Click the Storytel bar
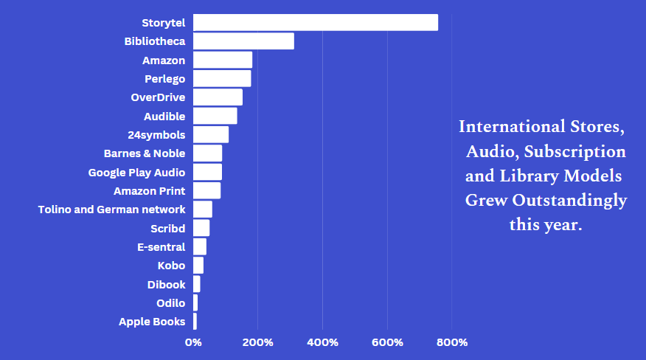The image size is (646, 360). click(315, 23)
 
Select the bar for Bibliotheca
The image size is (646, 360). click(243, 41)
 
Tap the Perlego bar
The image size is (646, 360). click(222, 79)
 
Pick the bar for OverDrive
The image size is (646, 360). click(218, 97)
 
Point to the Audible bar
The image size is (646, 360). click(215, 116)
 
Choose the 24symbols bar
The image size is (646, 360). click(211, 135)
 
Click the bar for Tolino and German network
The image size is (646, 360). click(203, 210)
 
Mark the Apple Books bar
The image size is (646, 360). click(195, 322)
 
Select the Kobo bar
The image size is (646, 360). click(198, 266)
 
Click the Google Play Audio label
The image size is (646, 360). click(136, 173)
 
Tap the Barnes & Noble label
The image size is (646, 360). click(145, 153)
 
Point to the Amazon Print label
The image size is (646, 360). click(149, 191)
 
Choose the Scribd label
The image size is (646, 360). click(167, 229)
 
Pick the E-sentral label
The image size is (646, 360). click(161, 247)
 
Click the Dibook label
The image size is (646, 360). click(166, 284)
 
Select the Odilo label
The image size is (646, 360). click(170, 303)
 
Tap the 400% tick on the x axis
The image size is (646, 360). click(322, 342)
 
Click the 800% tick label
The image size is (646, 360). click(452, 342)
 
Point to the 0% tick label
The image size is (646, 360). click(193, 342)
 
